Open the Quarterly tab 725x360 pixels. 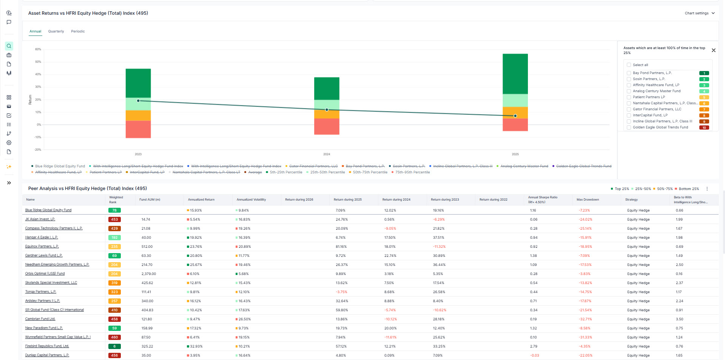point(56,31)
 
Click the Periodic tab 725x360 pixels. point(78,31)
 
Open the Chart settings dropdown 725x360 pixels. point(699,13)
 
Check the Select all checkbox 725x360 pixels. point(629,65)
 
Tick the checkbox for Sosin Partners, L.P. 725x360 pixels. point(629,79)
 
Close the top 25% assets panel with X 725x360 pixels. point(713,50)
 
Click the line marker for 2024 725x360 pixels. point(327,110)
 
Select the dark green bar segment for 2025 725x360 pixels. point(515,74)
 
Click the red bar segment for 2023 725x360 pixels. point(138,129)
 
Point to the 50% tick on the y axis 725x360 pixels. point(38,62)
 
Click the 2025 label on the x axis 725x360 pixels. point(515,154)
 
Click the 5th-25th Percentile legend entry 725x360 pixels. point(286,172)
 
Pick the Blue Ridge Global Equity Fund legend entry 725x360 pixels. point(60,166)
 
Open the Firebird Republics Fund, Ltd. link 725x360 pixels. point(47,346)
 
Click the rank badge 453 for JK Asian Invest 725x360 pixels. point(114,219)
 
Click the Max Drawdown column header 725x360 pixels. point(588,199)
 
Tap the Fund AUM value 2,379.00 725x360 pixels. point(148,274)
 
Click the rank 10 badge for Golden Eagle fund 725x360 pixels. point(704,128)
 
